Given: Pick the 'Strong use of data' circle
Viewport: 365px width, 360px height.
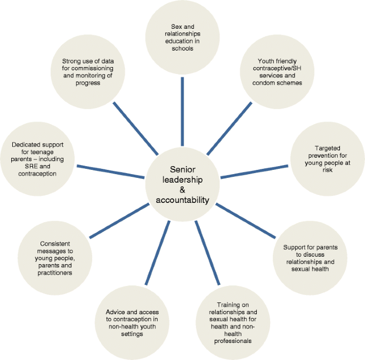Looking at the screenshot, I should [88, 72].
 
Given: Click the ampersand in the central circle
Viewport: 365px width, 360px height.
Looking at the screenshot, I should [183, 190].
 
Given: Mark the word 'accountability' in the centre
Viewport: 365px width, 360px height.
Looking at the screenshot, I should [183, 200].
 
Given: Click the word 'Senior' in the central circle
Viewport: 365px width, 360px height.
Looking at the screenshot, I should [183, 169].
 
